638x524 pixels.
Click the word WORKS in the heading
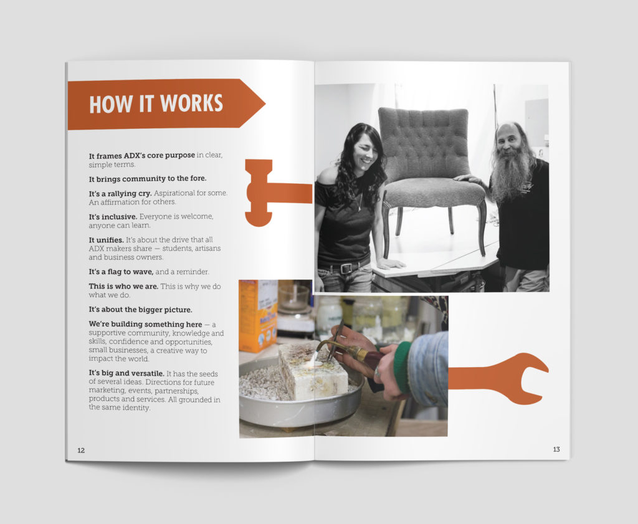pyautogui.click(x=191, y=103)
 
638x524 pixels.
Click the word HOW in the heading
pyautogui.click(x=111, y=104)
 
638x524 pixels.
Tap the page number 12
pyautogui.click(x=81, y=450)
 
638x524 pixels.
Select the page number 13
pyautogui.click(x=556, y=449)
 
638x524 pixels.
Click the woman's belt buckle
pyautogui.click(x=346, y=269)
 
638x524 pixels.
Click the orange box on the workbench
pyautogui.click(x=258, y=315)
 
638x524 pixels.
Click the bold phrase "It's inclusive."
pyautogui.click(x=113, y=217)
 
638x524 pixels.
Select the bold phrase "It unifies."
pyautogui.click(x=106, y=240)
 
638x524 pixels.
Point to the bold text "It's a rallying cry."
pyautogui.click(x=120, y=194)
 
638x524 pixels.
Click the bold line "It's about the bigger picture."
pyautogui.click(x=140, y=310)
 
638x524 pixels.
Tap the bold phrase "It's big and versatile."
pyautogui.click(x=126, y=373)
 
